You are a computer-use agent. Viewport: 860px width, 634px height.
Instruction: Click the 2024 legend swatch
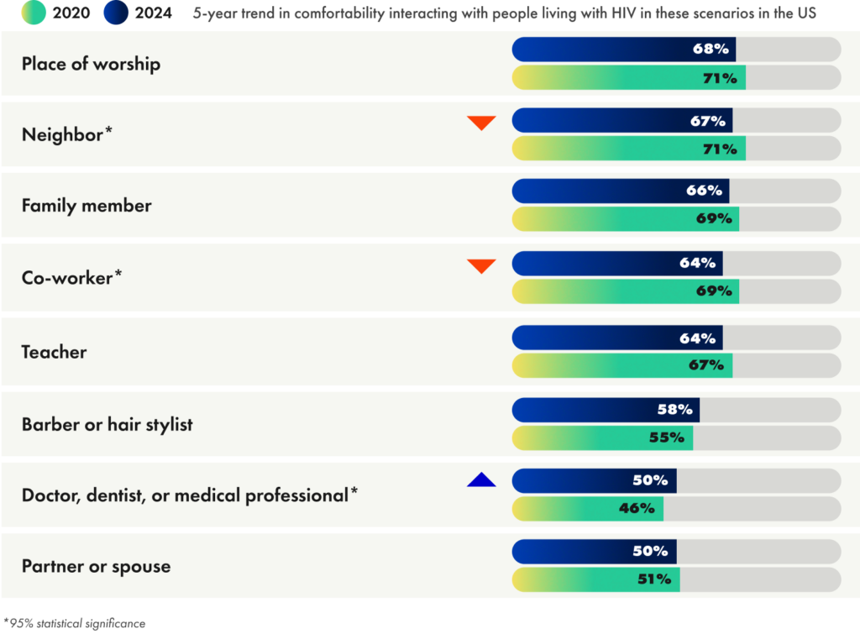point(116,13)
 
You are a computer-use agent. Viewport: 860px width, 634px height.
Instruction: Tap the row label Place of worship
point(91,64)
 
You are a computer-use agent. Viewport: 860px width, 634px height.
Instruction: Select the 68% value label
point(711,50)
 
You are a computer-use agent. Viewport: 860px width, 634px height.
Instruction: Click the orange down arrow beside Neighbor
point(481,123)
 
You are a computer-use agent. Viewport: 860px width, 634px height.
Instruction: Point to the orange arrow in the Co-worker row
point(481,266)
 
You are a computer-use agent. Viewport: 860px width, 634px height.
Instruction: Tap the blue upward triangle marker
point(481,480)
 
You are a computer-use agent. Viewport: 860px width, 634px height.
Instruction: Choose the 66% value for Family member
point(704,191)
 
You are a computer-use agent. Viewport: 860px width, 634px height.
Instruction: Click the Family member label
point(87,206)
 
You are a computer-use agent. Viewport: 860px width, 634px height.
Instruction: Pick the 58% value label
point(675,410)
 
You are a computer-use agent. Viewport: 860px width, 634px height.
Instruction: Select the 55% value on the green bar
point(669,438)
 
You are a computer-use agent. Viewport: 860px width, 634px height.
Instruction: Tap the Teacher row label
point(54,352)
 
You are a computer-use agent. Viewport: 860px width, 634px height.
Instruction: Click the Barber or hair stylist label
point(107,424)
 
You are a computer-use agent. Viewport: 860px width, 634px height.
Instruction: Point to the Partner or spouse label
point(96,566)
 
